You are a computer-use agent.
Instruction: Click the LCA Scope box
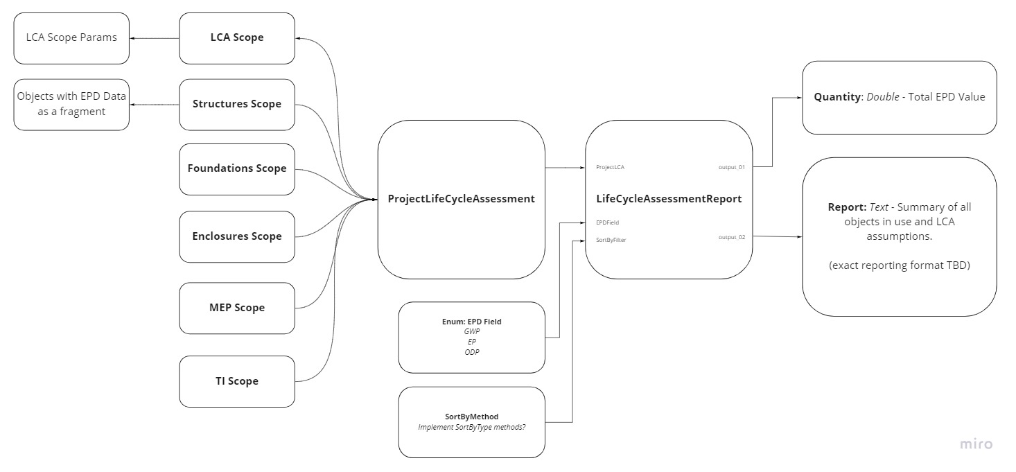(x=237, y=38)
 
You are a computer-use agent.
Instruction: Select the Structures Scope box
(x=237, y=104)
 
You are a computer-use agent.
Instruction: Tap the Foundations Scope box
(x=237, y=168)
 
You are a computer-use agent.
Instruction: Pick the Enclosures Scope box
(x=237, y=236)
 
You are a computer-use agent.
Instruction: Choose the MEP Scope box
(x=237, y=308)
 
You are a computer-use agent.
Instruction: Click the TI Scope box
(x=237, y=381)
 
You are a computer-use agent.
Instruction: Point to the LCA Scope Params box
(x=71, y=37)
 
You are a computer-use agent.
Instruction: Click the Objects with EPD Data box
(x=71, y=104)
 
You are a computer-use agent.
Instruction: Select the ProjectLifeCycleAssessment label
(x=461, y=199)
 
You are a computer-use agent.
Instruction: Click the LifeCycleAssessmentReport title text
(x=669, y=199)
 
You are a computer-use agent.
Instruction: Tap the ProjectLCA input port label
(x=611, y=168)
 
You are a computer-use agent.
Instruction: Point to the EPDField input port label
(x=607, y=222)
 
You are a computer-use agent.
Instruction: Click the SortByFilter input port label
(x=611, y=240)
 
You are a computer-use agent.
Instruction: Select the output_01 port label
(x=731, y=168)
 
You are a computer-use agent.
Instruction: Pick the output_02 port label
(x=731, y=237)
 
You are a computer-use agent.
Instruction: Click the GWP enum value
(x=471, y=331)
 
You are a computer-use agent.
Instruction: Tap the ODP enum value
(x=471, y=352)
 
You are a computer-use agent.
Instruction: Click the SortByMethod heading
(x=471, y=417)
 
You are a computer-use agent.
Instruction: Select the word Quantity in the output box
(x=837, y=97)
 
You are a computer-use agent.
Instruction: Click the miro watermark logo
(x=976, y=444)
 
